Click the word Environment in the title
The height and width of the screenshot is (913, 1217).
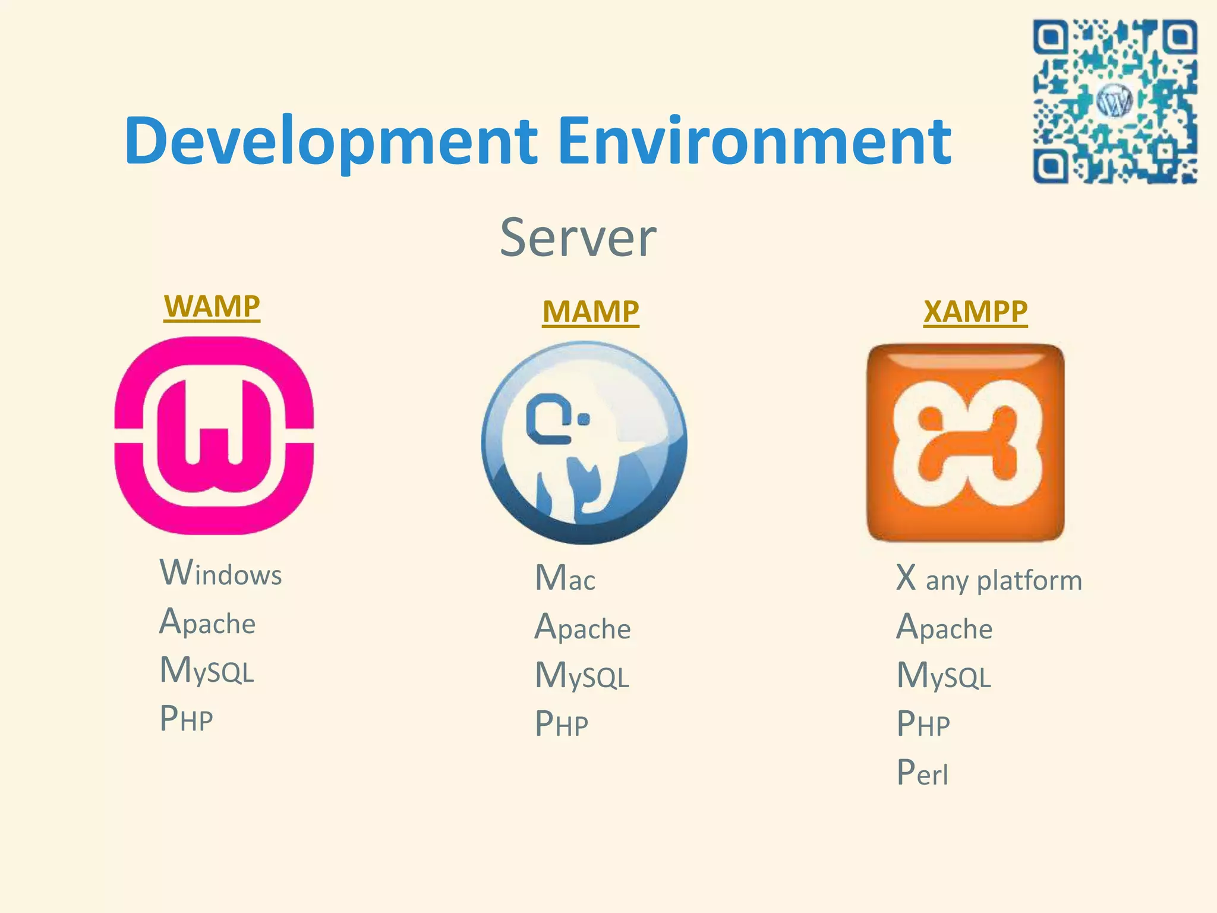(x=755, y=140)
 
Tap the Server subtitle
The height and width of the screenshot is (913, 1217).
(x=578, y=238)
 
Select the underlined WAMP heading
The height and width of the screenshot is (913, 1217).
(x=212, y=307)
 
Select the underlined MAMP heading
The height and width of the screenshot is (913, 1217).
(x=591, y=311)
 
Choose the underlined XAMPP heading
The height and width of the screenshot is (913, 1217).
(x=975, y=311)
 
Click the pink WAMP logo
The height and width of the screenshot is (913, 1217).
(x=214, y=435)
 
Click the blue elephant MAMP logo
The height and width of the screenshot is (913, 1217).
(x=584, y=442)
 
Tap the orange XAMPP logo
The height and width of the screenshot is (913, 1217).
(x=966, y=442)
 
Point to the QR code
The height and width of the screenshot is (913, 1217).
(x=1115, y=101)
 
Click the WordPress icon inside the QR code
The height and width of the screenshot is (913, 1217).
(x=1115, y=101)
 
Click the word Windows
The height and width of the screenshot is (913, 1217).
(x=221, y=573)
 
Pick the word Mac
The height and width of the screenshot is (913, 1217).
(x=565, y=578)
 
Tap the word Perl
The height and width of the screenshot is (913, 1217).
(x=922, y=773)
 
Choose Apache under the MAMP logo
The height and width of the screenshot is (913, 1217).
(x=582, y=627)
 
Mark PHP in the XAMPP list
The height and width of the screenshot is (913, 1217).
(x=923, y=724)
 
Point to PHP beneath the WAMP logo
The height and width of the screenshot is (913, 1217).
(x=187, y=719)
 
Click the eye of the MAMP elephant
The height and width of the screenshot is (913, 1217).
(x=584, y=420)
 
